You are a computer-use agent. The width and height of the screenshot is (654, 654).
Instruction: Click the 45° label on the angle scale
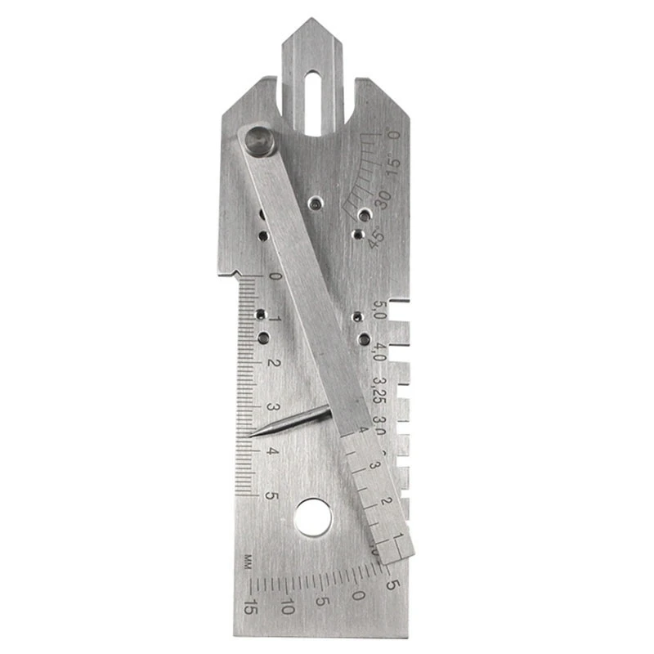[x=375, y=240]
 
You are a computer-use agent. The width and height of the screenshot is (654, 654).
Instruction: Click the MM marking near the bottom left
[x=247, y=562]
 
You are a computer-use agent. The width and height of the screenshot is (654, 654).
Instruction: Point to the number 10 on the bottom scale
[x=287, y=607]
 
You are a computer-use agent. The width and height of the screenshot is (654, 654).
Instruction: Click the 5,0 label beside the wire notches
[x=379, y=312]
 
